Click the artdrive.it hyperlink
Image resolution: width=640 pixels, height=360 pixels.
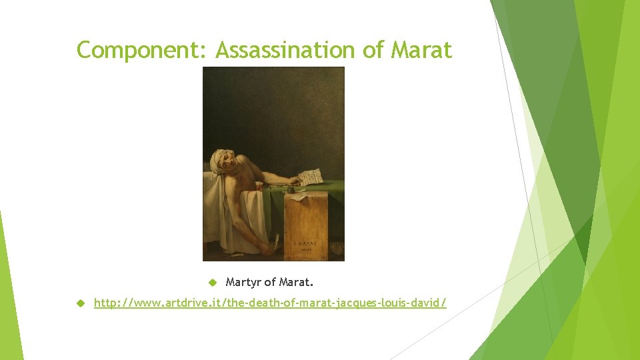coord(270,303)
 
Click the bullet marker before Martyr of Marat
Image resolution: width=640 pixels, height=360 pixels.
coord(213,281)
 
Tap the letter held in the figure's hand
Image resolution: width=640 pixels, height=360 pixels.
coord(310,177)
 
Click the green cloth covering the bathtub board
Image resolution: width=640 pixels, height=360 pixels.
coord(273,200)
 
